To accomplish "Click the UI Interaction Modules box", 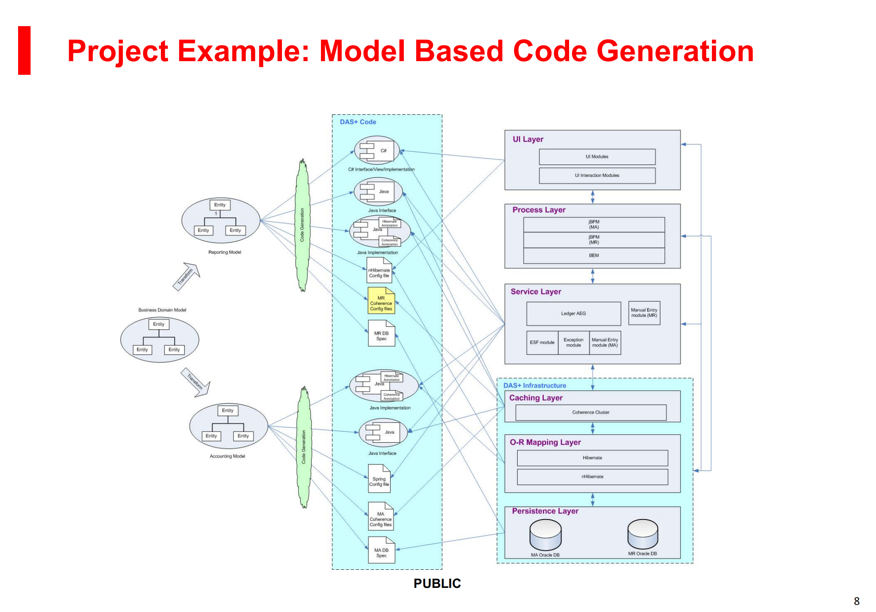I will [597, 176].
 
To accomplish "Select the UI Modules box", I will [597, 157].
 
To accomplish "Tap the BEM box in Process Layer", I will [594, 256].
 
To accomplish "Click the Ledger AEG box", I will [573, 314].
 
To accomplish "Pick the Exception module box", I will [573, 343].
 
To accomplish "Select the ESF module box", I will [542, 343].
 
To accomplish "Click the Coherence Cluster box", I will [590, 413].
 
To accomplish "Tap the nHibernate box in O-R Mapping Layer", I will [592, 477].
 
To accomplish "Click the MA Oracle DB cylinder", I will [545, 535].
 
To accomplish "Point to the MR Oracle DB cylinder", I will [642, 534].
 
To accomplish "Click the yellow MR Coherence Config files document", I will [381, 301].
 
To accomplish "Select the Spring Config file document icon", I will [379, 479].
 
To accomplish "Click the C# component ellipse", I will [377, 150].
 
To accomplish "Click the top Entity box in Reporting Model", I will [220, 205].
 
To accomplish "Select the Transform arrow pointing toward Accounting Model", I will [195, 382].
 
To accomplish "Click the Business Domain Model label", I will [162, 310].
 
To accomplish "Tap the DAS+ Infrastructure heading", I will [535, 386].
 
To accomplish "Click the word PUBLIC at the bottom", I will [437, 583].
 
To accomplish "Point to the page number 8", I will [856, 601].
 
